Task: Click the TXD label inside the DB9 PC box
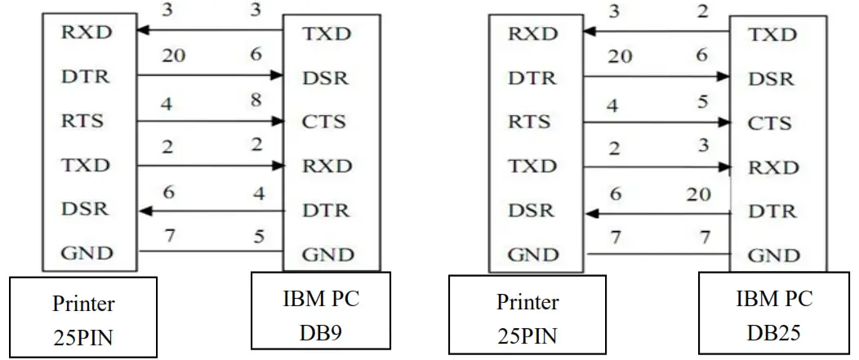[327, 33]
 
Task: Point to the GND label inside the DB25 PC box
[773, 255]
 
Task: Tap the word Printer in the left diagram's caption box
[84, 304]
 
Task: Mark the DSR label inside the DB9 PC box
[325, 78]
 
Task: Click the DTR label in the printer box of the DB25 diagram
[532, 78]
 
